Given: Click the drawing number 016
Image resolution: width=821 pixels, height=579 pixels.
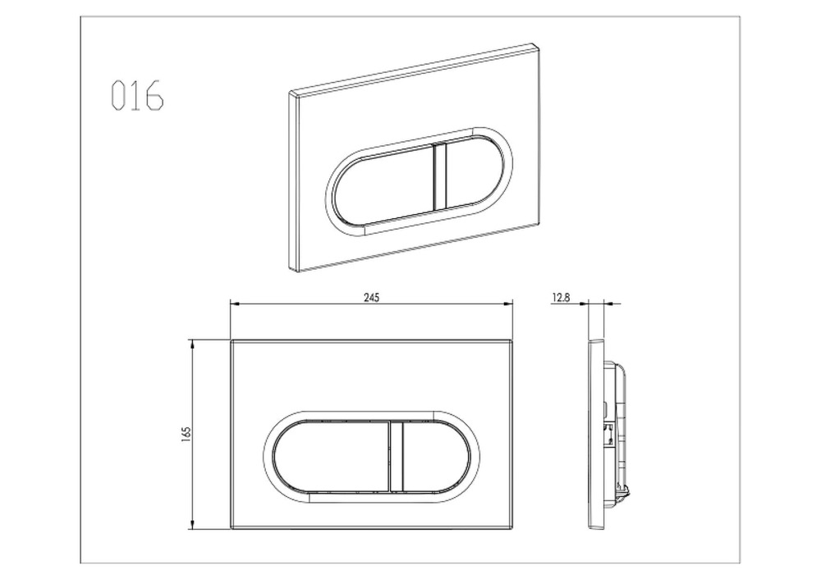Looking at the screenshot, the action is (x=137, y=95).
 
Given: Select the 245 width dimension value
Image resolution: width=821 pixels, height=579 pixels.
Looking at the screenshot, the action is (x=371, y=298).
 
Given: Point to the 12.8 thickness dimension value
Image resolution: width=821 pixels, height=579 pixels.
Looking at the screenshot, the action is (x=560, y=298).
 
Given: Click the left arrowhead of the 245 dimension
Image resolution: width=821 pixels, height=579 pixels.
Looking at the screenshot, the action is (x=235, y=303).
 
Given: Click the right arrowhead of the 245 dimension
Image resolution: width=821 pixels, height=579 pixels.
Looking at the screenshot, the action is (x=507, y=303).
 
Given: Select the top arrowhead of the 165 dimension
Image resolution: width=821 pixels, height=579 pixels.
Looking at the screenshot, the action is (x=193, y=344).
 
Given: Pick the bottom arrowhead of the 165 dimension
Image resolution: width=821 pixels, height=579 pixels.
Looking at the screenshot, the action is (x=193, y=524).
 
